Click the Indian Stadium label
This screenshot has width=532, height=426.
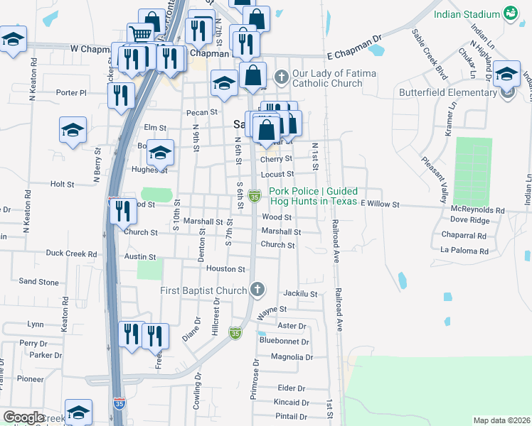click(468, 14)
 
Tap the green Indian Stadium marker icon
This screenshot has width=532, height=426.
click(510, 13)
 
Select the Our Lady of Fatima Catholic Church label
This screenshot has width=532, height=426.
click(327, 78)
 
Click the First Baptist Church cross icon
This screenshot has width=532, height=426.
click(257, 289)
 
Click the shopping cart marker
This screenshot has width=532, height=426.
click(141, 33)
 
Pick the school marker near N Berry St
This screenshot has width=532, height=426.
click(73, 131)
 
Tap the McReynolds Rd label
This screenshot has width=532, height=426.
click(477, 211)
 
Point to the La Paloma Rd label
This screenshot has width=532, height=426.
click(464, 251)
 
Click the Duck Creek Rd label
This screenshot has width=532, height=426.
click(71, 253)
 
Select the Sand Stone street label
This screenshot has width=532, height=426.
click(38, 282)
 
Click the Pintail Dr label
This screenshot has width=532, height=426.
click(292, 417)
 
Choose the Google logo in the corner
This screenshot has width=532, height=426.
click(23, 417)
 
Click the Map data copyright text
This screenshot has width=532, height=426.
click(501, 420)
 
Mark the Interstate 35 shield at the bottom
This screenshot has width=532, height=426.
click(118, 404)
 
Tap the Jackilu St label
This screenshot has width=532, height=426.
click(299, 293)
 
